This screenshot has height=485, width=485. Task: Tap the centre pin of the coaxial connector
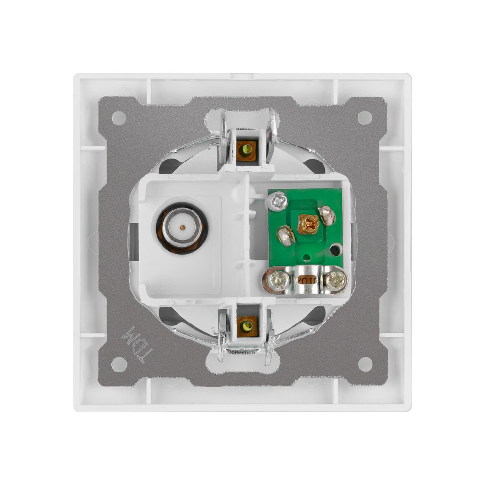click(x=183, y=227)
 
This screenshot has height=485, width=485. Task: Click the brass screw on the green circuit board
click(x=308, y=224)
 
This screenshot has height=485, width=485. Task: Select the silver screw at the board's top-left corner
click(x=277, y=201)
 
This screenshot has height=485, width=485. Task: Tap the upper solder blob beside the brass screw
click(x=327, y=215)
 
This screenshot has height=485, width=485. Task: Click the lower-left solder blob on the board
click(x=286, y=236)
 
